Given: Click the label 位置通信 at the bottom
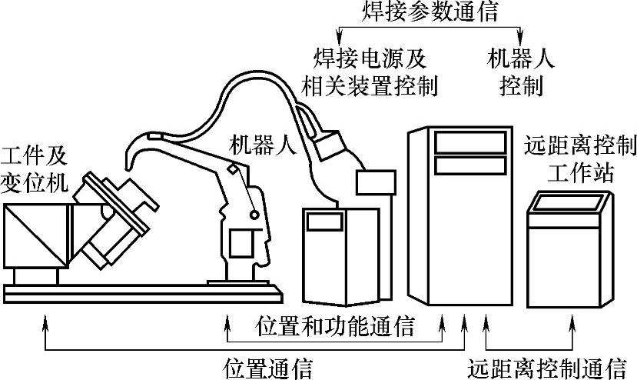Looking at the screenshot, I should point(267,367).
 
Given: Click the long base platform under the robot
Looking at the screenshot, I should point(142,291).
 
